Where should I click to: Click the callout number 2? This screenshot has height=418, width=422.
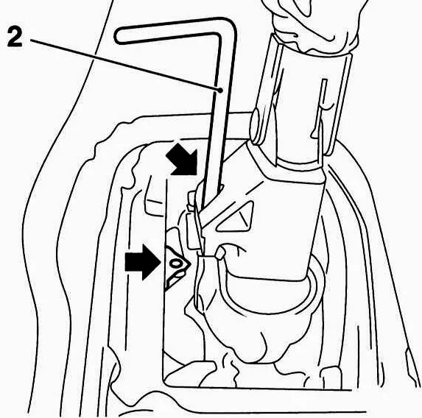point(15,37)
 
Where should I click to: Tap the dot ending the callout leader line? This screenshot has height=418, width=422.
point(220,91)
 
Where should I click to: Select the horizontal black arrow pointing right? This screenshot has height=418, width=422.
point(143,262)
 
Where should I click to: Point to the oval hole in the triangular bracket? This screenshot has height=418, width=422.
point(176,263)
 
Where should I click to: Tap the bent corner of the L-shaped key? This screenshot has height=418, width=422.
point(225,27)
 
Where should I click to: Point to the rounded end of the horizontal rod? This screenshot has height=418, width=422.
point(254,127)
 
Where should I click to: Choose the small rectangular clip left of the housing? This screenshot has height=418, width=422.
point(192,230)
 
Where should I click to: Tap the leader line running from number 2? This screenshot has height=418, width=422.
point(125,65)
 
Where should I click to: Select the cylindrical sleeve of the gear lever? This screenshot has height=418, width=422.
point(304,102)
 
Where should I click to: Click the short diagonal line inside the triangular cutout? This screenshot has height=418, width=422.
point(244,219)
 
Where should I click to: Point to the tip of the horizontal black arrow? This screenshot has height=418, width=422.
point(161,262)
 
